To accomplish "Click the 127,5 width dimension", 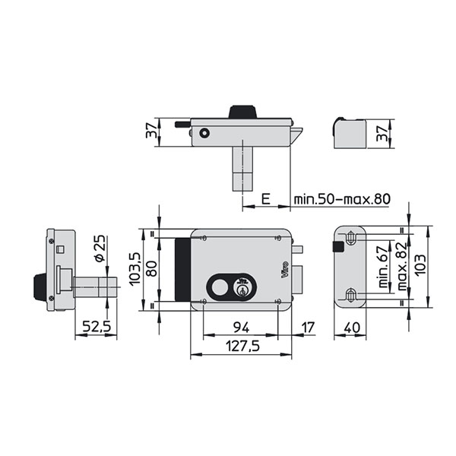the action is click(x=242, y=346).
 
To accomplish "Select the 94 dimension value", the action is click(x=242, y=328).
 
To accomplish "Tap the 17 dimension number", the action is click(x=308, y=328).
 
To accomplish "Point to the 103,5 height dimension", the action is click(x=135, y=269).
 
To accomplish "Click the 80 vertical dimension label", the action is click(x=151, y=269).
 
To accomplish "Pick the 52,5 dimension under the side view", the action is click(x=97, y=327).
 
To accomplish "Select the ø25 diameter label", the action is click(x=100, y=248).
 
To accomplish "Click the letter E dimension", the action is click(x=266, y=199).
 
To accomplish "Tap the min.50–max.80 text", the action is click(x=342, y=199).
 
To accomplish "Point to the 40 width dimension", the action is click(x=352, y=328).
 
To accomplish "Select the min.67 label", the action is click(x=383, y=267).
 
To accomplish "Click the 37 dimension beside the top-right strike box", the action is click(x=382, y=134).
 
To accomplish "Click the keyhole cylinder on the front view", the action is click(x=242, y=290).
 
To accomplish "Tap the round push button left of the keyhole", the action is click(x=220, y=287).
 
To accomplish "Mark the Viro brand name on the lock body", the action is click(x=285, y=270).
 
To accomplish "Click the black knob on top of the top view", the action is click(x=242, y=112).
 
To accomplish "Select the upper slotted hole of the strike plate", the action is click(x=351, y=238).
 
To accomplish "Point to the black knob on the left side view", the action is click(x=40, y=287).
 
